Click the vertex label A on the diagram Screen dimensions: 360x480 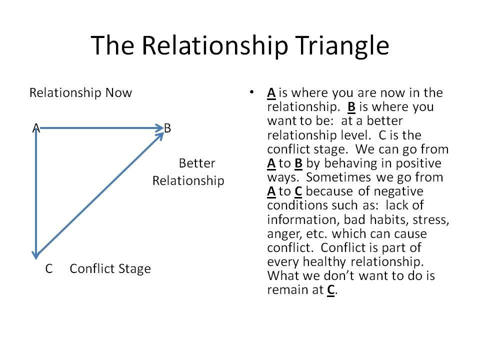(x=36, y=128)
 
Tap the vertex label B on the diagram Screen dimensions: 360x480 (x=167, y=128)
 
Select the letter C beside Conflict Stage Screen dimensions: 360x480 (x=49, y=269)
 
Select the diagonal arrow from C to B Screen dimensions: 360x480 (x=100, y=195)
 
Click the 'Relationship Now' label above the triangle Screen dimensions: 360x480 (x=80, y=93)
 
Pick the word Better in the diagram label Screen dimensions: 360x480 (x=196, y=163)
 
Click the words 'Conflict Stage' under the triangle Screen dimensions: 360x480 (x=110, y=269)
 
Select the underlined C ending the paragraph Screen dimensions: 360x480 (x=330, y=290)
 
